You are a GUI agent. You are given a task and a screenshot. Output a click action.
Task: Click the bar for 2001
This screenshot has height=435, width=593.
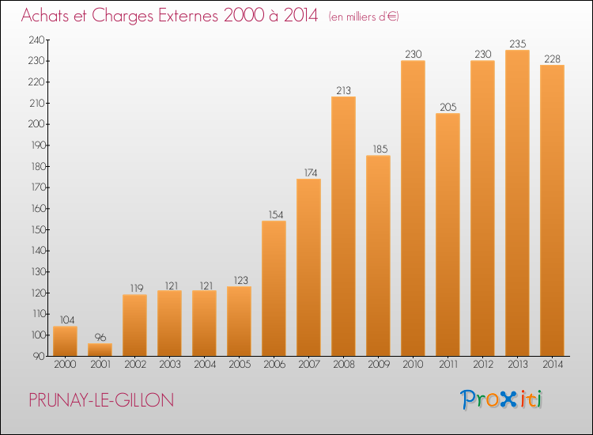100,350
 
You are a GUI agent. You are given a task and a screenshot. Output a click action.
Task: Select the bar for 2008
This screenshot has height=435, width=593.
343,226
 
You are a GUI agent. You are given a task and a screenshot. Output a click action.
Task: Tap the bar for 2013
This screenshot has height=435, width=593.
517,202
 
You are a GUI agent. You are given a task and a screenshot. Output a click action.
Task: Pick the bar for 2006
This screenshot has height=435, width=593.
274,288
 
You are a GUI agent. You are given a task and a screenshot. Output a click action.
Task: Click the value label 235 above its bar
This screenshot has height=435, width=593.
518,43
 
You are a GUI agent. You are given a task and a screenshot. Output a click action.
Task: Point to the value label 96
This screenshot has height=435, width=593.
100,337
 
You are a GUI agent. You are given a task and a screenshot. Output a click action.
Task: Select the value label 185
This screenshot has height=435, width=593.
380,149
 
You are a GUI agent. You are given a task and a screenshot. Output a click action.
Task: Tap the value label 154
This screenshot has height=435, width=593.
276,214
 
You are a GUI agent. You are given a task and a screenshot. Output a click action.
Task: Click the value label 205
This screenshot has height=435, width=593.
448,107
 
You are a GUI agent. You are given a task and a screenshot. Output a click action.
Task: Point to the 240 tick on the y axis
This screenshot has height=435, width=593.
36,40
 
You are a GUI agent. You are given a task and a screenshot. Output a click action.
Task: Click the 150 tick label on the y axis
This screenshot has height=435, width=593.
38,229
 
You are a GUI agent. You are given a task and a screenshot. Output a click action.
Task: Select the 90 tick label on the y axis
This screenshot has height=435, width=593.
39,356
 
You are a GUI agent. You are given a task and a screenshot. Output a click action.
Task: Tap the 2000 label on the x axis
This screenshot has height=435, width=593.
65,364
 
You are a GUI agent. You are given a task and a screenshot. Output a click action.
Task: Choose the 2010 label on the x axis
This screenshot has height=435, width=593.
413,364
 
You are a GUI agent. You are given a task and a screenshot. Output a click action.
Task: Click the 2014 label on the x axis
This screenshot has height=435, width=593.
553,364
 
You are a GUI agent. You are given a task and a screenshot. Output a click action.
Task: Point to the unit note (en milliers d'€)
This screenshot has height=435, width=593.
364,17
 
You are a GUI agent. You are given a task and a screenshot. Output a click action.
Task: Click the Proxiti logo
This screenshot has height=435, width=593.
501,399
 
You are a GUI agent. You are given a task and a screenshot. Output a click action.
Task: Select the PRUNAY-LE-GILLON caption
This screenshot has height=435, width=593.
101,400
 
